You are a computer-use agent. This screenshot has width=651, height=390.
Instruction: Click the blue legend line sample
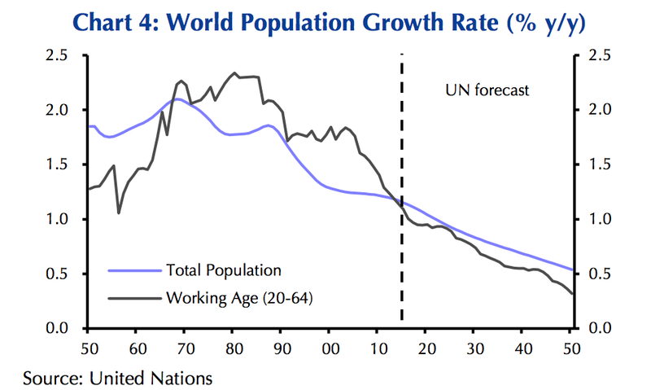click(135, 269)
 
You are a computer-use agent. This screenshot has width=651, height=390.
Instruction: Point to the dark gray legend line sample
click(135, 299)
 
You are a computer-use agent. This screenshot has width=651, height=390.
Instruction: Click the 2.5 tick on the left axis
click(65, 55)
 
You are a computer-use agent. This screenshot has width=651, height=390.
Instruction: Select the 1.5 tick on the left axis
click(65, 164)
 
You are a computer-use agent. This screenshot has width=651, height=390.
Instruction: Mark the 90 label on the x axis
click(281, 348)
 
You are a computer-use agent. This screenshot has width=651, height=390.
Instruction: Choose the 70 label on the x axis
click(184, 348)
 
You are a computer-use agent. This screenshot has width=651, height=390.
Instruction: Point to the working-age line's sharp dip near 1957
click(119, 213)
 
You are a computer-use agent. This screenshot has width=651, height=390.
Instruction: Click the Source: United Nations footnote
click(118, 377)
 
